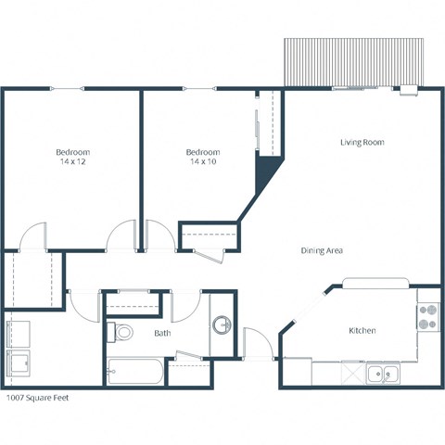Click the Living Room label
coord(362,142)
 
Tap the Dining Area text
coord(323,251)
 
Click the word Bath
coord(162,333)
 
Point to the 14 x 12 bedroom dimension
coord(71,162)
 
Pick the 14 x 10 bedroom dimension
coord(202,162)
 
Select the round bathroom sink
coord(222,325)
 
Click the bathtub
coord(135,373)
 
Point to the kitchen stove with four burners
coord(428,318)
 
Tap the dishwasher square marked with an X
coord(352,374)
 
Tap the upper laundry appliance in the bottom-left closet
coord(19,331)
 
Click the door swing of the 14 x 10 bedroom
coord(158,235)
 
